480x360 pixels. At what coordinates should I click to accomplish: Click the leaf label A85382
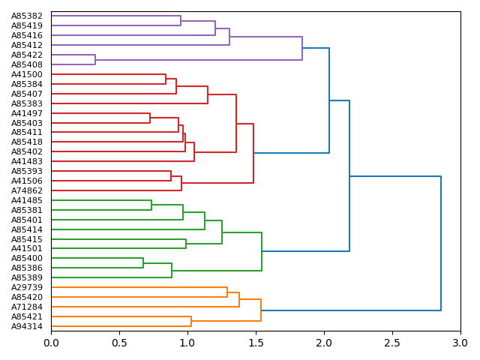pyautogui.click(x=27, y=16)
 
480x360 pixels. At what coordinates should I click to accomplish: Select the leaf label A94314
pyautogui.click(x=27, y=326)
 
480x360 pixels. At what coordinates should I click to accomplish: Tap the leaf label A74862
pyautogui.click(x=27, y=190)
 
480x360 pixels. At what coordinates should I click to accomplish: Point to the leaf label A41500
pyautogui.click(x=27, y=74)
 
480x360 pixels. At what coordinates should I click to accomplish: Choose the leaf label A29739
pyautogui.click(x=27, y=287)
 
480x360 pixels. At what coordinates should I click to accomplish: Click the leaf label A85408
pyautogui.click(x=27, y=64)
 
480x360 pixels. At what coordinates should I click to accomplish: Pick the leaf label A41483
pyautogui.click(x=27, y=161)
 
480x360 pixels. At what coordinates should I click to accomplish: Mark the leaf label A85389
pyautogui.click(x=27, y=277)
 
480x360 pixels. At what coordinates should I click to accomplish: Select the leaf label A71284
pyautogui.click(x=27, y=307)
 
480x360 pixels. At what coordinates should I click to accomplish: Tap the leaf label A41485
pyautogui.click(x=27, y=200)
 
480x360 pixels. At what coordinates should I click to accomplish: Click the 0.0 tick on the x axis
pyautogui.click(x=51, y=343)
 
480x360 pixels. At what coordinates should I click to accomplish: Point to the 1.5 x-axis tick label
pyautogui.click(x=256, y=343)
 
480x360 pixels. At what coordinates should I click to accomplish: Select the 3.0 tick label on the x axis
pyautogui.click(x=460, y=343)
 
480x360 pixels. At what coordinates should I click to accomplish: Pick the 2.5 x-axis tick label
pyautogui.click(x=391, y=343)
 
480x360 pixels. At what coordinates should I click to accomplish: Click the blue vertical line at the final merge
pyautogui.click(x=441, y=243)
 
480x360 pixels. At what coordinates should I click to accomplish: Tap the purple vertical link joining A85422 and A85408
pyautogui.click(x=95, y=60)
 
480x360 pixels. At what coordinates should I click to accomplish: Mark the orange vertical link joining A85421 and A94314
pyautogui.click(x=191, y=321)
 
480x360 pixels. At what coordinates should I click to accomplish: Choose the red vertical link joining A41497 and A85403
pyautogui.click(x=150, y=118)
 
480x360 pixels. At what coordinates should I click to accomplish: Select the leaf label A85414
pyautogui.click(x=27, y=229)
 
